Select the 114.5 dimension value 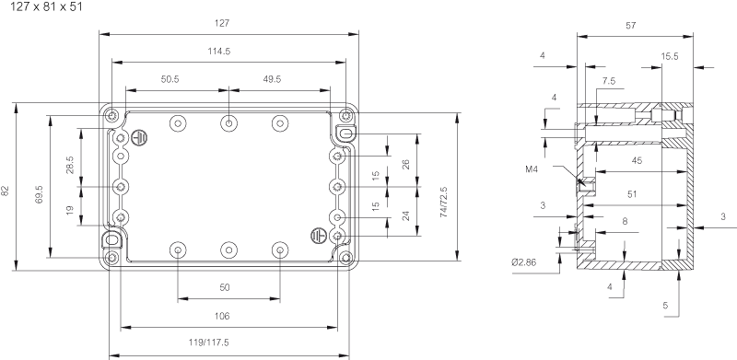(219, 52)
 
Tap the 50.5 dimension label (170, 79)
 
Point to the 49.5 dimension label (271, 79)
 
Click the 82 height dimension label (6, 191)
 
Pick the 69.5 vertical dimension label (39, 194)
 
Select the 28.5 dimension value (70, 165)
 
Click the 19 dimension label (70, 210)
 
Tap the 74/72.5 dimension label (443, 202)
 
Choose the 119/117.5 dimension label (209, 343)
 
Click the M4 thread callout (532, 169)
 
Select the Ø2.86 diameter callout (523, 262)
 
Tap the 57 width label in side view (631, 26)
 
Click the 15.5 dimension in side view (670, 56)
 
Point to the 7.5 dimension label (608, 81)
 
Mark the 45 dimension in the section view (637, 161)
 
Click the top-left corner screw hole (112, 116)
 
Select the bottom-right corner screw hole (346, 258)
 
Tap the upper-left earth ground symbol (139, 137)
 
